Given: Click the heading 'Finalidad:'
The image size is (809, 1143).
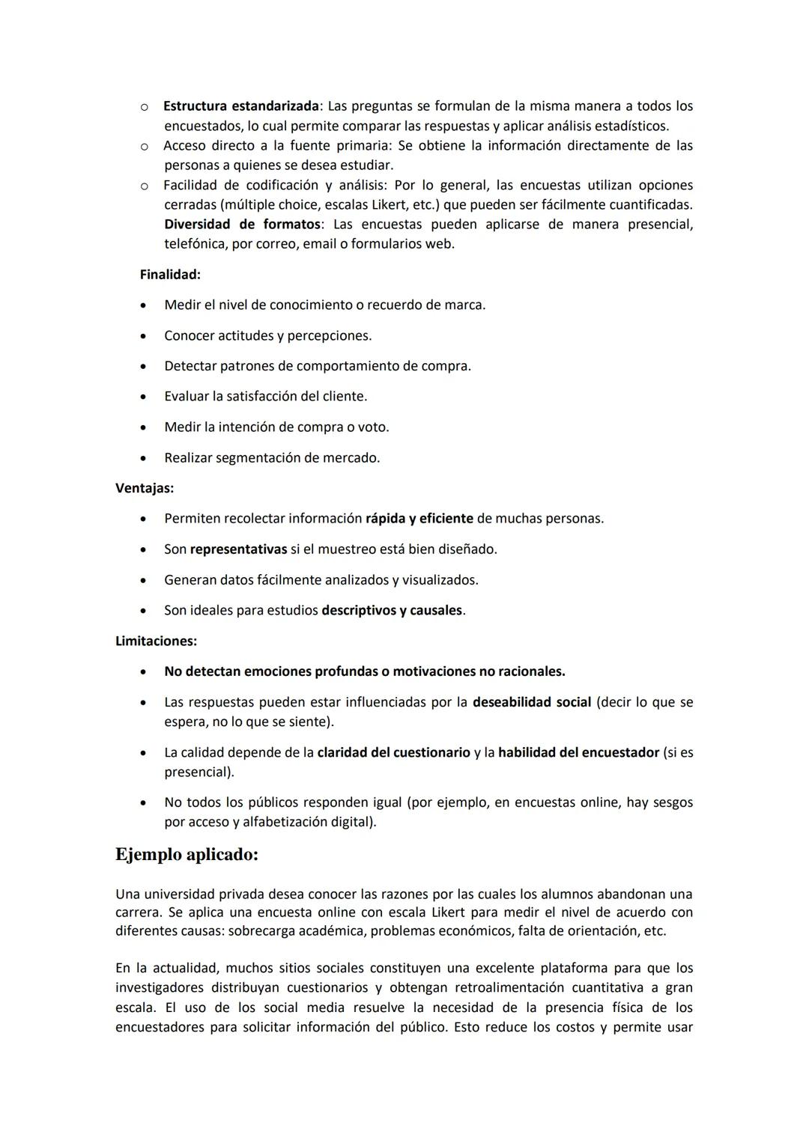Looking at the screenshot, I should coord(170,275).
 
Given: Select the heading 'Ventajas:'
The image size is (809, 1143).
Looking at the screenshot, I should coord(145,488).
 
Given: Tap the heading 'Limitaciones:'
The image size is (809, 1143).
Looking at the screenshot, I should coord(156,641).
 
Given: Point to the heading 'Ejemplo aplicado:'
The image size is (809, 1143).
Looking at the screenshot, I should coord(187,855).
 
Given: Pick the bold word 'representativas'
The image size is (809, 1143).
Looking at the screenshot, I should coord(238,549).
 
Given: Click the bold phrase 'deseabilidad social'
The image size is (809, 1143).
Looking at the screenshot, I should coord(532,702).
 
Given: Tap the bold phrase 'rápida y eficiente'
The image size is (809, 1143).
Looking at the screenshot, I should coord(419,519).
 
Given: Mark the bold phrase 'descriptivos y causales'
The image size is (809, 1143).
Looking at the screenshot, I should coord(392,610).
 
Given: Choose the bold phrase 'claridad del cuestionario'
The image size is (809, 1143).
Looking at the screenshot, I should coord(393,752).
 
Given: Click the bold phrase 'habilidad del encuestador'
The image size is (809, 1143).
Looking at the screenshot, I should coord(578,752).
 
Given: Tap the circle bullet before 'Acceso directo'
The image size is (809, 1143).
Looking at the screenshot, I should coord(143,146).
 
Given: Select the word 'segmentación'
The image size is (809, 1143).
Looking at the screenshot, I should coord(258,458).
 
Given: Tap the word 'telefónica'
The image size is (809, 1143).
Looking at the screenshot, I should coord(196,244).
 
